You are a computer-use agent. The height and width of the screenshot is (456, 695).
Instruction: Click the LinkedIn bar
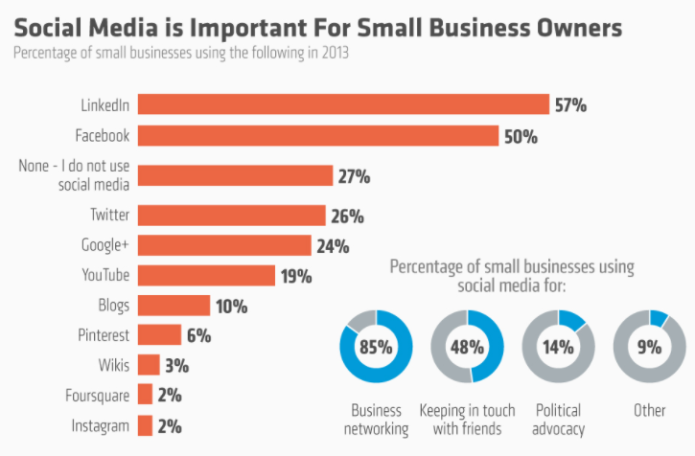coord(343,104)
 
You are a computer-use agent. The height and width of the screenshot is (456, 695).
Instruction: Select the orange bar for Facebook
coord(318,136)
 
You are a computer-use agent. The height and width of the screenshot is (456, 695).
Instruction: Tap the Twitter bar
coord(232,216)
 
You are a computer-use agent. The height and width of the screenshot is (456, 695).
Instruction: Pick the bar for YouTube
coord(206,275)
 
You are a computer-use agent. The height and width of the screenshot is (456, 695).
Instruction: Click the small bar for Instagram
coord(145,425)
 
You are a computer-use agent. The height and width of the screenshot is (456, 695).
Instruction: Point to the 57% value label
coord(571,105)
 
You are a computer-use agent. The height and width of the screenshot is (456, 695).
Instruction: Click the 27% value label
coord(354,176)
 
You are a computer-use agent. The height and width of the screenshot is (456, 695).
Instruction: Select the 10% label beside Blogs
coord(231,307)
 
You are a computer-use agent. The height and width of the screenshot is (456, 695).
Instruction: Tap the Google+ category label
coord(105,245)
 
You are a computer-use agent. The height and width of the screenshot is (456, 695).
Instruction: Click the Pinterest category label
coord(104,335)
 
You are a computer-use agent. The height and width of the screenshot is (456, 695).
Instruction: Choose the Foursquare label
coord(98,396)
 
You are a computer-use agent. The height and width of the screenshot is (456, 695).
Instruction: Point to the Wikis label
coord(114,365)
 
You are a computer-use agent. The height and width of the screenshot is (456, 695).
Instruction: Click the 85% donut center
coord(376,347)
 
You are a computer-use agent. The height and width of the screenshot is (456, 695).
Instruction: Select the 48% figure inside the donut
coord(467,347)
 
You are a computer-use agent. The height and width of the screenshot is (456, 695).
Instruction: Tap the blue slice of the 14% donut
coord(571,320)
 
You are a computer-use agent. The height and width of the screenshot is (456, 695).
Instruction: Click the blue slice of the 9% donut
coord(659,318)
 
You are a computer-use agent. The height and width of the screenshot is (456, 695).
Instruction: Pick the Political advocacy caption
coord(559,420)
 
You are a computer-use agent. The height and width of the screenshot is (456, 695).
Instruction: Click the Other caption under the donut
coord(649,410)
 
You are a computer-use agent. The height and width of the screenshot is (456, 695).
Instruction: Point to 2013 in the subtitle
coord(336,53)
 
